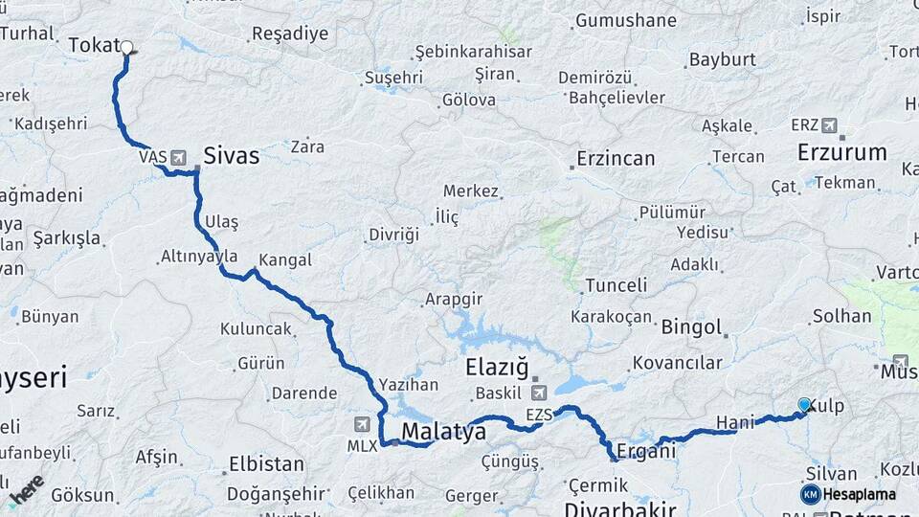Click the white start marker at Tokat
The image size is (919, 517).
126,46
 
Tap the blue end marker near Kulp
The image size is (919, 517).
804,405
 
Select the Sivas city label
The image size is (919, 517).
231,155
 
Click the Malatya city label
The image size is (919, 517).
443,433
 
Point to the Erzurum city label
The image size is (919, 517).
842,152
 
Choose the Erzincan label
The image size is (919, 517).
616,159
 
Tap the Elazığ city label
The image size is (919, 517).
496,368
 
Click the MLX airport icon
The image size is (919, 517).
362,424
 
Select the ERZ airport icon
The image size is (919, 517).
828,125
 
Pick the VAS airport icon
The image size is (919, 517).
178,156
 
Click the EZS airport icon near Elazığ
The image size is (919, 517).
538,393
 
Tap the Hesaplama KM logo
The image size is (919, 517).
848,494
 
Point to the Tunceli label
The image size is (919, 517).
616,285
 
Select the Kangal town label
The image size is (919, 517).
285,259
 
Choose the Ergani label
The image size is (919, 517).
646,451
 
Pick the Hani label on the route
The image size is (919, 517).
735,421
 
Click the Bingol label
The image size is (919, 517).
691,327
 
